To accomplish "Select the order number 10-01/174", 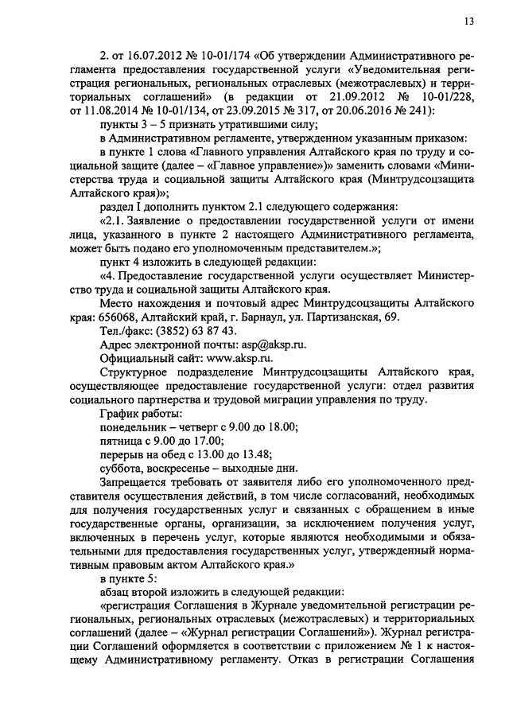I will click(x=222, y=59).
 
